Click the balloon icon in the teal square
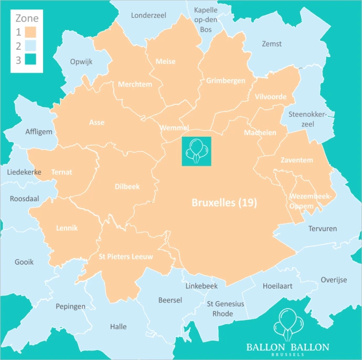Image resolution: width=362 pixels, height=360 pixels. coord(196,151)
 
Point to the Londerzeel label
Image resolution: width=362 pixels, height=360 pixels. coord(148,15)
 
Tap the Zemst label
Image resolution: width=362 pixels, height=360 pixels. coord(271,44)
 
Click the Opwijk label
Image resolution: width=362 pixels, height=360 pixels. coord(81,61)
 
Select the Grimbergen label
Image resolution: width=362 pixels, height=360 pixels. coord(226,81)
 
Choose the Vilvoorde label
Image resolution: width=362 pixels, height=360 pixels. coord(271,97)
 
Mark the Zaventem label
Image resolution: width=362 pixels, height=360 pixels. coord(296,160)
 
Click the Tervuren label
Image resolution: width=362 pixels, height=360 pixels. coord(323,228)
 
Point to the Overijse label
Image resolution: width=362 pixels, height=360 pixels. coord(334,280)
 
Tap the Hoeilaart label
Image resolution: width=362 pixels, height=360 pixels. coord(278,286)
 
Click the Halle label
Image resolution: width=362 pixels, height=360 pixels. coord(119,326)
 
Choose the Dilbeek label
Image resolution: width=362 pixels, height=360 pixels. coord(127,186)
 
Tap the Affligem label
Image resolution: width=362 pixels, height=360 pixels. coord(39,132)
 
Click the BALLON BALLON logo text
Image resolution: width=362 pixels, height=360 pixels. coord(288,347)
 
